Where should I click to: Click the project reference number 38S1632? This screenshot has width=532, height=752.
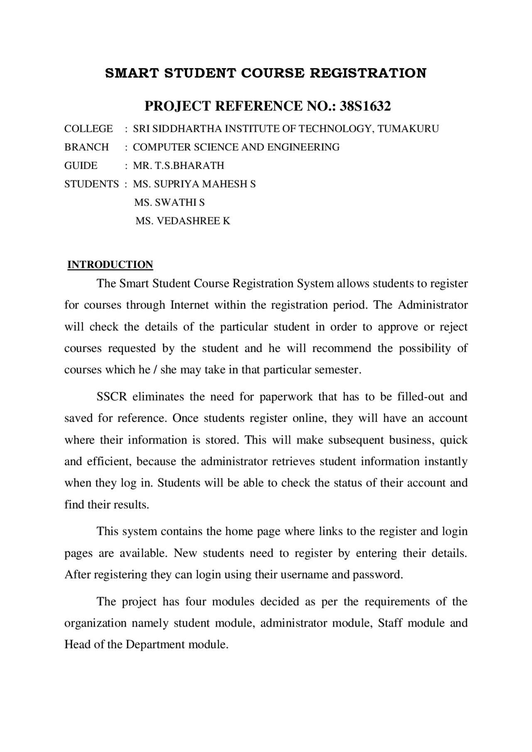pos(365,106)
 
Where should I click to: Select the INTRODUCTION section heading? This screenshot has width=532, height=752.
pos(110,265)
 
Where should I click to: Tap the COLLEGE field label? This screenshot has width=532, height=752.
pos(89,129)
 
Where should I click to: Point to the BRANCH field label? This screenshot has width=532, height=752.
pos(86,147)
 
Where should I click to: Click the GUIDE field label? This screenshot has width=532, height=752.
pos(81,166)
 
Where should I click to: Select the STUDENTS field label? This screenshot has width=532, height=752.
pos(91,184)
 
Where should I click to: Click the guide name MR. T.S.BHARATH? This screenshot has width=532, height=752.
pos(178,166)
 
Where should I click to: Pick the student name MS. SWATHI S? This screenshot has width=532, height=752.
pos(169,203)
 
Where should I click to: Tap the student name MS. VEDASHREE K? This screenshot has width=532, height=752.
pos(182,221)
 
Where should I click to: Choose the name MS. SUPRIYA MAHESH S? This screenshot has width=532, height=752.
pos(194,184)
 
